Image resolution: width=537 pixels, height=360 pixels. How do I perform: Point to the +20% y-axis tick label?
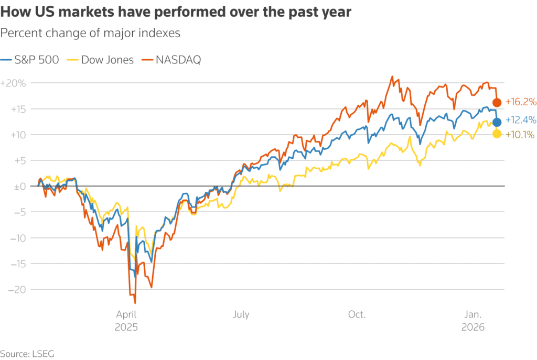[x=14, y=83]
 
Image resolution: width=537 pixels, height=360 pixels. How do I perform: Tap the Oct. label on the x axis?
[x=357, y=314]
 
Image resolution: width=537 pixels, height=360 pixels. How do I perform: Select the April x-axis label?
[x=126, y=314]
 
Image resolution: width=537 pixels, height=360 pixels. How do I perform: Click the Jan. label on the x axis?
[x=473, y=314]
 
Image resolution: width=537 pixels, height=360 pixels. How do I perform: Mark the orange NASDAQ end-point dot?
[x=497, y=102]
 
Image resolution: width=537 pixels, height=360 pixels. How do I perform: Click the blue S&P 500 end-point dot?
[x=497, y=122]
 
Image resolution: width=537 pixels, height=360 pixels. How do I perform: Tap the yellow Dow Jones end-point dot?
[x=497, y=134]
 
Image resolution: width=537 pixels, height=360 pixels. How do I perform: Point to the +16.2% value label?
[x=520, y=102]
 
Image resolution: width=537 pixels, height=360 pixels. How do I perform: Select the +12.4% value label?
[x=520, y=120]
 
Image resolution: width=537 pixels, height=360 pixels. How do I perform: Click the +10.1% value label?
[x=520, y=135]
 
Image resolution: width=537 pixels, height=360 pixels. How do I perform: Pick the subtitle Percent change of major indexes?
[x=90, y=33]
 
